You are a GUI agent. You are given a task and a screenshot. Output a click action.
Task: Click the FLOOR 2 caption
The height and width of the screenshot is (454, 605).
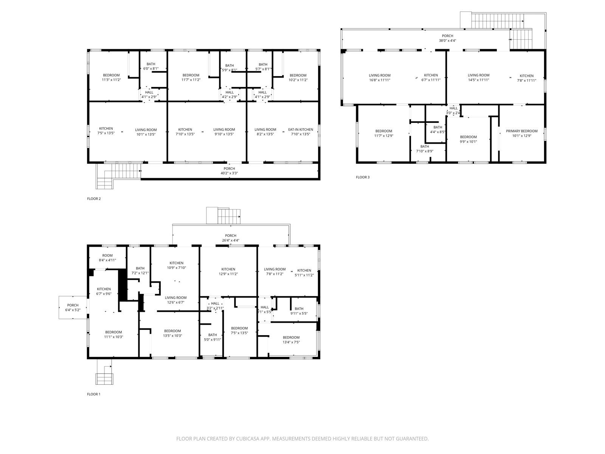click(94, 199)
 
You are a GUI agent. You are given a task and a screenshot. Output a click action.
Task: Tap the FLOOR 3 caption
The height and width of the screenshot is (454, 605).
click(363, 177)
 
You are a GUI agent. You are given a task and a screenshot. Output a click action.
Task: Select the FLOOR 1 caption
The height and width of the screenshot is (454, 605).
click(94, 394)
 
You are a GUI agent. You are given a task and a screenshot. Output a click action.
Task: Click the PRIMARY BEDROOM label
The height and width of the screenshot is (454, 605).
click(521, 131)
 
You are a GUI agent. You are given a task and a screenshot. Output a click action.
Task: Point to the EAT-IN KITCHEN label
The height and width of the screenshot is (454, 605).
click(301, 129)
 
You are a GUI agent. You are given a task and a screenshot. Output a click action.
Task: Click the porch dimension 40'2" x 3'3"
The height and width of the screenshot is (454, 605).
click(229, 173)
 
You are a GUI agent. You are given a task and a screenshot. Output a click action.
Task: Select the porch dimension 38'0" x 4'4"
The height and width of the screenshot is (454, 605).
click(447, 40)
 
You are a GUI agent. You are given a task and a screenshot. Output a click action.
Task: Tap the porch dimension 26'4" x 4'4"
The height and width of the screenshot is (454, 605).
click(231, 240)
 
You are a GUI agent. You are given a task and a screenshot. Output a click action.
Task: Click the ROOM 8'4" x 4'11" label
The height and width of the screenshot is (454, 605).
click(107, 258)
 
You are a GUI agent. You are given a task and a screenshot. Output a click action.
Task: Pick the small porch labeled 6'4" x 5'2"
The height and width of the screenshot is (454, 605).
click(73, 308)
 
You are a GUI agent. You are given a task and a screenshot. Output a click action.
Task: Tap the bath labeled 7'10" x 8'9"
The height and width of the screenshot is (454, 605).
click(425, 149)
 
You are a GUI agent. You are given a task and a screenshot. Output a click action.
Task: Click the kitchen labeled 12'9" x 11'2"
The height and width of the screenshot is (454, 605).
click(228, 272)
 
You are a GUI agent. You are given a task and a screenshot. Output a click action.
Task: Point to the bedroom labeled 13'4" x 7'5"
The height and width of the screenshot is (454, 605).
click(291, 340)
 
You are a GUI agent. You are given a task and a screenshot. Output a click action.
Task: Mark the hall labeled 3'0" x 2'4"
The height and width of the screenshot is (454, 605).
click(453, 110)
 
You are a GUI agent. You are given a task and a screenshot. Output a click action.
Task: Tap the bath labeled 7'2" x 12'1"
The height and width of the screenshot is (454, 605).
click(140, 271)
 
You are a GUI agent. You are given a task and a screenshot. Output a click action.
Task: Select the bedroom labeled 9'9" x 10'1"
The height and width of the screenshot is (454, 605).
click(468, 139)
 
